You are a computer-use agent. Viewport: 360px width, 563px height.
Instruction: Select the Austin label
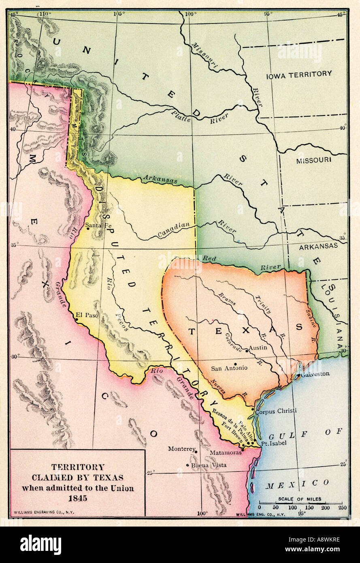(x=258, y=348)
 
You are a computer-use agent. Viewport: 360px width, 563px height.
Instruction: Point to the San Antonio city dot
(x=235, y=364)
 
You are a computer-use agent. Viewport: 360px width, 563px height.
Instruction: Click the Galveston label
(x=315, y=374)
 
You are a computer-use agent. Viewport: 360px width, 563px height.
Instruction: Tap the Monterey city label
(x=182, y=449)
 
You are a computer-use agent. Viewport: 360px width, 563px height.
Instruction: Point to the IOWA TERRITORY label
(x=299, y=74)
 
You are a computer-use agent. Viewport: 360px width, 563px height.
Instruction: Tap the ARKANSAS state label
(x=318, y=246)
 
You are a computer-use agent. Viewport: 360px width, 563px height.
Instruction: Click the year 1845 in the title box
(x=77, y=498)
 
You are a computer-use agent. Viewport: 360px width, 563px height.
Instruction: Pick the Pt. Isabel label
(x=273, y=443)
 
